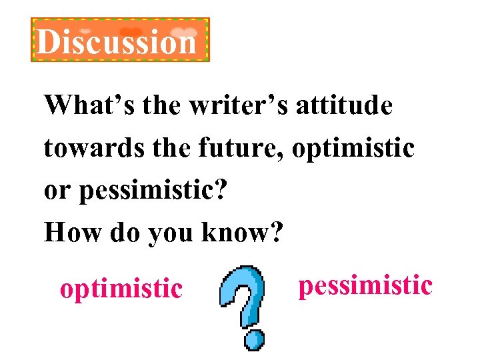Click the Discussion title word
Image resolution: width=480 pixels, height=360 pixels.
[117, 42]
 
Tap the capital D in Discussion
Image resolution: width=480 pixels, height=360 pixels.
[47, 42]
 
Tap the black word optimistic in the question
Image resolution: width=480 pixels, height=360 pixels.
[353, 147]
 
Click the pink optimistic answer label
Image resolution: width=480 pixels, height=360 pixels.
[121, 289]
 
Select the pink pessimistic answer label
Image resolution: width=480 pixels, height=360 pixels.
[365, 285]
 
